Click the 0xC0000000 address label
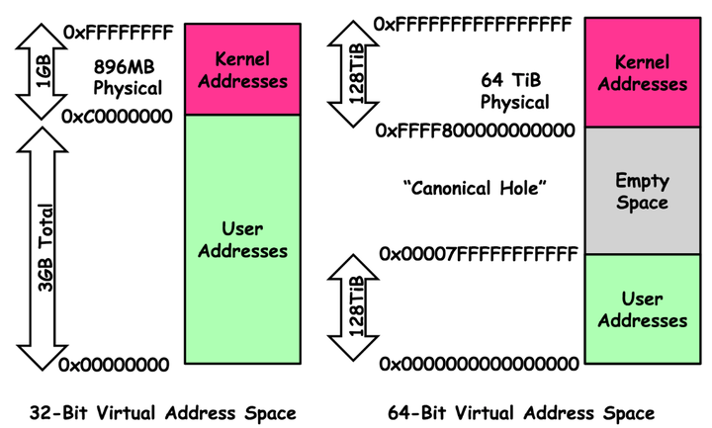[x=116, y=117]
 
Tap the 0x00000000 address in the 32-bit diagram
[x=117, y=366]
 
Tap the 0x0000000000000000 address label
[x=480, y=364]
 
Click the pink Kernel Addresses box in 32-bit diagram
[x=242, y=70]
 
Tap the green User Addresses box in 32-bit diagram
[x=242, y=240]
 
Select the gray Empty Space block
[x=642, y=191]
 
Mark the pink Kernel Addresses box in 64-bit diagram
[x=642, y=72]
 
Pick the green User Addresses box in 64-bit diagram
[x=642, y=308]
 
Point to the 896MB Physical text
[x=127, y=78]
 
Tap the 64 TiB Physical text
[x=514, y=91]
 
